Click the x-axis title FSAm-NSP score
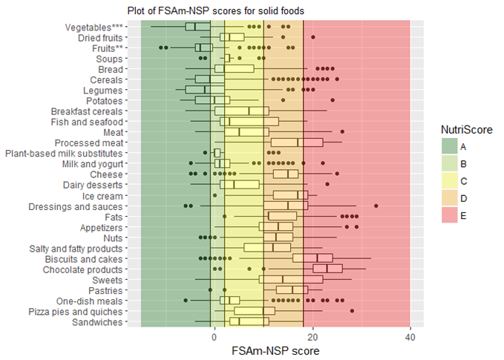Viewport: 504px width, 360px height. (274, 350)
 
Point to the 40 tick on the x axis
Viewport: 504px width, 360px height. (410, 336)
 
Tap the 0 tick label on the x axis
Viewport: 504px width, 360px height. (215, 336)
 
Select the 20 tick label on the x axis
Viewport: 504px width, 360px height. (312, 336)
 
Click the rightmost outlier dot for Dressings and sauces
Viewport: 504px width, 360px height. (376, 206)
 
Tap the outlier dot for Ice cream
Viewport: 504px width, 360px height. (215, 195)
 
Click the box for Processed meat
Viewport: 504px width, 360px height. (297, 143)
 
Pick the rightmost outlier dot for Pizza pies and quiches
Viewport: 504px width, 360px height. (352, 311)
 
